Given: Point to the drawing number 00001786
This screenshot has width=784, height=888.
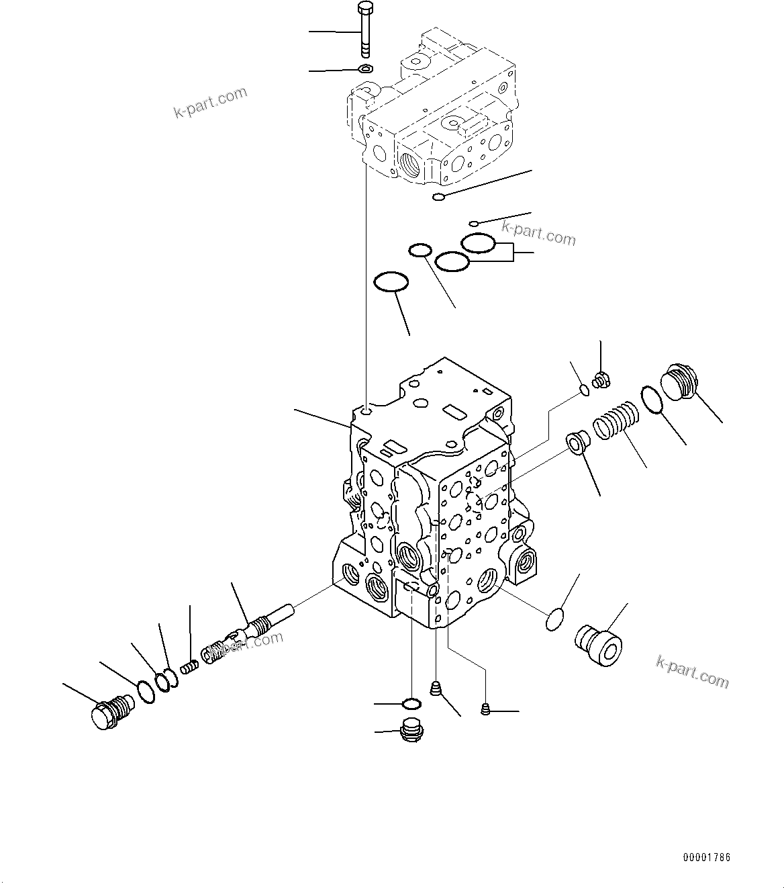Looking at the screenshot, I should (707, 857).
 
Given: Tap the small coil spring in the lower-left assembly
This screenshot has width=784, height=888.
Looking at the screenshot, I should (191, 668).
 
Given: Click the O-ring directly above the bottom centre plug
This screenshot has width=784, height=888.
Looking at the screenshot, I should (411, 703).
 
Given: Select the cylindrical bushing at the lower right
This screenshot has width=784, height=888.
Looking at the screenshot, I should (599, 645).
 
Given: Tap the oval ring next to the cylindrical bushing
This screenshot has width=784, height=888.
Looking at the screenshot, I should (554, 619).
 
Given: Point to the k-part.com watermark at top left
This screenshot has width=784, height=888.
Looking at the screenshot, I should (210, 103).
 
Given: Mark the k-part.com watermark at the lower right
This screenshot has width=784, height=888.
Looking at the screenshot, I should (692, 672).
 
